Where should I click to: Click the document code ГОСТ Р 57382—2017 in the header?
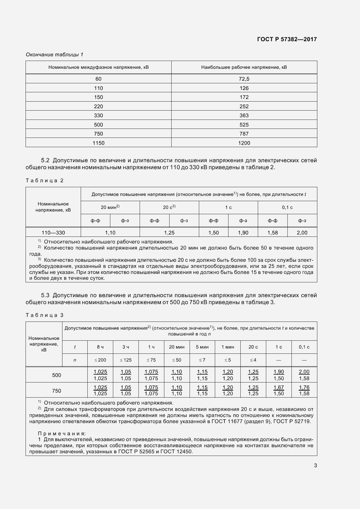pos(287,39)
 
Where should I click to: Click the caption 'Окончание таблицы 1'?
pos(55,55)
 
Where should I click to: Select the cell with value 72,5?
pos(244,79)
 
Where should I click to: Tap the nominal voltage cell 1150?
pos(98,143)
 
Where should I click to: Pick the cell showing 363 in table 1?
pos(244,115)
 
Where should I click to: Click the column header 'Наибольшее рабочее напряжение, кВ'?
pos(244,67)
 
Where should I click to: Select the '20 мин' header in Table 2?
pos(110,207)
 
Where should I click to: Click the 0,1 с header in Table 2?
pos(287,207)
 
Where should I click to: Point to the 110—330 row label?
pos(53,233)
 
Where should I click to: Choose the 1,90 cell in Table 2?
pos(243,233)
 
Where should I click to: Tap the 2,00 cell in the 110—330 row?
pos(302,233)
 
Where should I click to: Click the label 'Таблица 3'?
pos(44,315)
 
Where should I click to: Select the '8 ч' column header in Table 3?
pos(100,347)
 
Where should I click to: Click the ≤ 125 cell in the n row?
pos(125,360)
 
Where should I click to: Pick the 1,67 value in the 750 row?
pos(279,387)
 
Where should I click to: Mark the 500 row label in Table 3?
pos(57,375)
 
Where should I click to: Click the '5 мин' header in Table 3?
pos(202,347)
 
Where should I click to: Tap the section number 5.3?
pos(45,295)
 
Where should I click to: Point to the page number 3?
pos(315,466)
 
